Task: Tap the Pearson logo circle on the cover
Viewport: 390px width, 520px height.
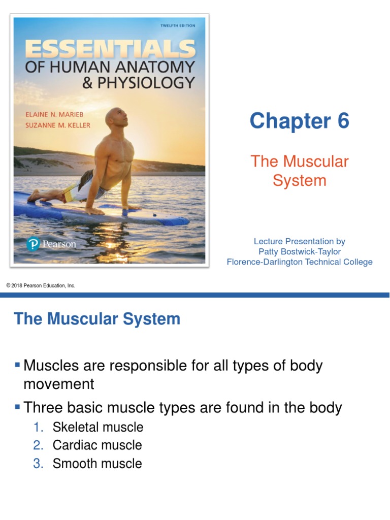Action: pos(32,245)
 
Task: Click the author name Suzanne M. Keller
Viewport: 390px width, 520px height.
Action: pos(57,125)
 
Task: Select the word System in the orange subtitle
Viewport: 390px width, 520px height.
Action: pos(300,180)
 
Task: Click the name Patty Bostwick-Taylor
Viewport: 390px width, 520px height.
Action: pos(300,252)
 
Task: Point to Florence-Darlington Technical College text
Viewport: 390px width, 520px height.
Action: pos(300,262)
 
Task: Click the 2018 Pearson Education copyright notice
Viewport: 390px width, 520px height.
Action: pos(41,286)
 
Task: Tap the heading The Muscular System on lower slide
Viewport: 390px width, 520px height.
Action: pos(97,319)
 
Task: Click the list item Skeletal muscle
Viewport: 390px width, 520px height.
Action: pos(98,427)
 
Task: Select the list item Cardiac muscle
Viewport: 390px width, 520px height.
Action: pos(97,445)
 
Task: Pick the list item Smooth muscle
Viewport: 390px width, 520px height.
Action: pos(97,464)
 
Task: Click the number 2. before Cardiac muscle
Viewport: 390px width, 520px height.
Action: pos(39,445)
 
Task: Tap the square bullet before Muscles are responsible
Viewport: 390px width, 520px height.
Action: pos(18,364)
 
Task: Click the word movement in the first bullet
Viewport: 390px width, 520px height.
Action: pos(59,384)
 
